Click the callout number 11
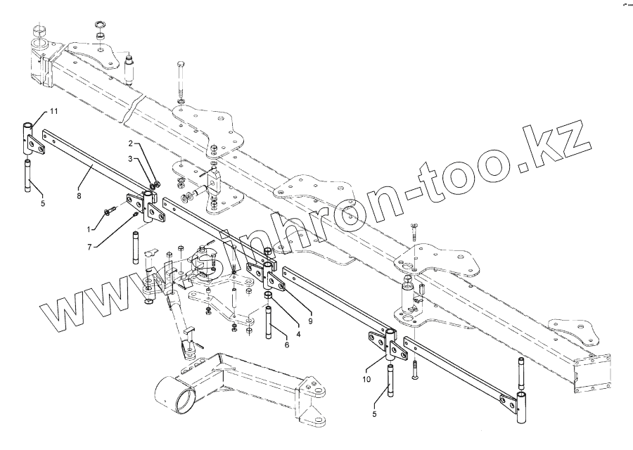point(54,111)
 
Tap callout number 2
point(129,143)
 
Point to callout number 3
point(129,159)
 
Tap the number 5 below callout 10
point(375,414)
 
